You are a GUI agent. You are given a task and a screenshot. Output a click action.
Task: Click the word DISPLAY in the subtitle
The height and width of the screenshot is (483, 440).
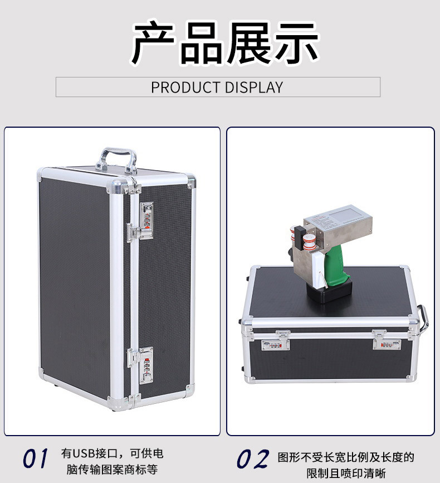[254, 88]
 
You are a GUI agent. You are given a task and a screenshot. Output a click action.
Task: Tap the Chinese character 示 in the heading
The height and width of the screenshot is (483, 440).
[296, 42]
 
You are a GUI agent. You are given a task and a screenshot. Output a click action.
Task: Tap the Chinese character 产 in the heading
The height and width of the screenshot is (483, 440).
[154, 42]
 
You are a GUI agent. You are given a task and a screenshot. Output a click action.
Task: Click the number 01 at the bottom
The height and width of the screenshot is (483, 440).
[36, 458]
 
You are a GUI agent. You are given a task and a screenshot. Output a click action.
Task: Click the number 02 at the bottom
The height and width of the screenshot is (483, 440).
[253, 459]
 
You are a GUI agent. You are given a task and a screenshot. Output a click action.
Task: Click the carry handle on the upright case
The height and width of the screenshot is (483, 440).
[116, 160]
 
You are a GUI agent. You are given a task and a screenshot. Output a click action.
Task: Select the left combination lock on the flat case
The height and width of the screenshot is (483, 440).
[275, 344]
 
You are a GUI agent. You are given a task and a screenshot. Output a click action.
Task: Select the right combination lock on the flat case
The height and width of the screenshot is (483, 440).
[387, 343]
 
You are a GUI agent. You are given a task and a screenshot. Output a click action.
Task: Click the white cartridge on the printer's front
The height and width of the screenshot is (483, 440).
[317, 270]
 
